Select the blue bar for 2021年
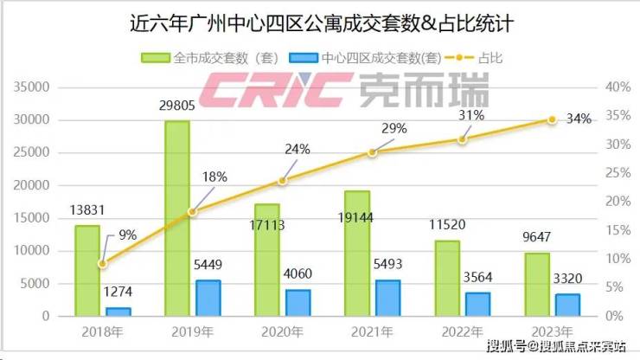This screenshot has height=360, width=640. coord(387,298)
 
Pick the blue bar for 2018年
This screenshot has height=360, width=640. coord(118,312)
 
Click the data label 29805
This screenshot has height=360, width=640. coord(176,107)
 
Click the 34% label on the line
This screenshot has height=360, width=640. coord(579,119)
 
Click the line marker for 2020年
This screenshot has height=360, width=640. coord(282,181)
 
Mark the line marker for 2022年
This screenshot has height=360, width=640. coord(462,139)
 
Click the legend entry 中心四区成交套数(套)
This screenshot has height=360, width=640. coord(372,59)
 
